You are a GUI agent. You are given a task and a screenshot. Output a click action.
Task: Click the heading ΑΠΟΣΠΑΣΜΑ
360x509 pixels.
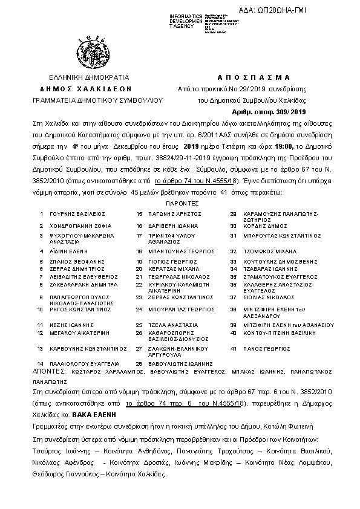coord(253,77)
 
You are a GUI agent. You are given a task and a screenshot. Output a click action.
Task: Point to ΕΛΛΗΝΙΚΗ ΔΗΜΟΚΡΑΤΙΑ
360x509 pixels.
coord(90,77)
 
